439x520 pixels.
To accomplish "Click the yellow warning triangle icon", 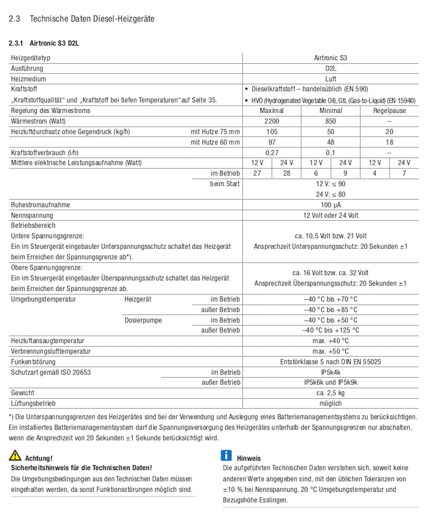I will pos(15,455).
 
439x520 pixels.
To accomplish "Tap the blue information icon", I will pos(226,455).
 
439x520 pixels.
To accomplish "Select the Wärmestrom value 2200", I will pos(272,121).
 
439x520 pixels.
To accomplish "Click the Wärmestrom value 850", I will pos(330,121).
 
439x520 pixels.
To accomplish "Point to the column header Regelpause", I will pos(389,111).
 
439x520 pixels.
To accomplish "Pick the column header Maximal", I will pos(272,111).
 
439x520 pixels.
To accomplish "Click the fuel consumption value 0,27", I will pos(272,153).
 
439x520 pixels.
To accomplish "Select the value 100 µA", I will pos(330,205).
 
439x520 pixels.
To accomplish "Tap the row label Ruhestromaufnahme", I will pos(40,205).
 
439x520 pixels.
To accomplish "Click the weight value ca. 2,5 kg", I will pos(330,393).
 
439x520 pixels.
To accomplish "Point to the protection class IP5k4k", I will pos(330,372).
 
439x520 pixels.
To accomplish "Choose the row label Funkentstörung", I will pos(33,362).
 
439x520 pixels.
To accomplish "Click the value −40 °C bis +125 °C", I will pos(330,331).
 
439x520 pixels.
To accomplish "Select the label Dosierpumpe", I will pos(143,320).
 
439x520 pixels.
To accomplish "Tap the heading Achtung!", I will pos(39,458).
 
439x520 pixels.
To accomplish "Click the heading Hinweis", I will pos(249,458).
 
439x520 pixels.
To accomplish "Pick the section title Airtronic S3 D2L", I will pos(54,43).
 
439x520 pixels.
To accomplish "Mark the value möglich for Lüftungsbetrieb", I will pos(330,404).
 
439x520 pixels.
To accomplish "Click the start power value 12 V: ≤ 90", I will pos(330,184).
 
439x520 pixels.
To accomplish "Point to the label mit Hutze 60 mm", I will pos(215,142).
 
